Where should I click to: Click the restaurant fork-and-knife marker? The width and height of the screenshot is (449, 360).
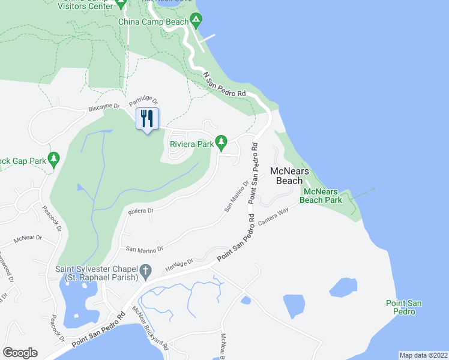tap(147, 118)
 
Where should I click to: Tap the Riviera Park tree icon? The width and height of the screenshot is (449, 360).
tap(221, 142)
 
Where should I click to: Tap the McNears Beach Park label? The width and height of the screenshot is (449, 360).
tap(322, 196)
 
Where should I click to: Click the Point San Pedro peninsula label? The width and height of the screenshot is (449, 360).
tap(403, 307)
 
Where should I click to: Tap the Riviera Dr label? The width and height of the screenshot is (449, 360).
tap(141, 211)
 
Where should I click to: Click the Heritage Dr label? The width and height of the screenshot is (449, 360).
tap(179, 263)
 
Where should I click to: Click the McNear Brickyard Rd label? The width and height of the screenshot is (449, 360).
tap(150, 329)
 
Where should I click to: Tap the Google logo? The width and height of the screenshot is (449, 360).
tap(20, 353)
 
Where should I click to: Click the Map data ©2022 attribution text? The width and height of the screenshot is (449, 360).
tap(423, 355)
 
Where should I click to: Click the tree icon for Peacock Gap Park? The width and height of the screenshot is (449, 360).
tap(54, 159)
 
